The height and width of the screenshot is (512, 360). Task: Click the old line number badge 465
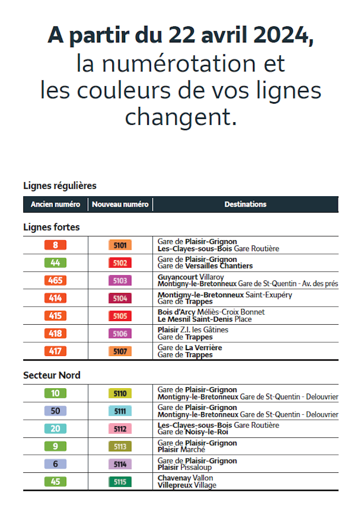point(56,280)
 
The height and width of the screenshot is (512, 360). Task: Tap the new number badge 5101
point(120,245)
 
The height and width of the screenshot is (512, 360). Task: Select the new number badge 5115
point(120,482)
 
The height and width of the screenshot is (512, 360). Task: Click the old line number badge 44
point(56,263)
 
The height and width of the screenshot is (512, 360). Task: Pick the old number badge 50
point(56,411)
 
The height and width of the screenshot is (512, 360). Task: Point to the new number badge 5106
point(120,334)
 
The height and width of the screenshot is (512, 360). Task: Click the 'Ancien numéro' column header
point(56,204)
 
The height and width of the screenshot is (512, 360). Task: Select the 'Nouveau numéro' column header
point(120,204)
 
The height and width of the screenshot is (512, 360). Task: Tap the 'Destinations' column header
point(245,204)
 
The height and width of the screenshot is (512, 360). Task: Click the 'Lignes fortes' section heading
point(51,227)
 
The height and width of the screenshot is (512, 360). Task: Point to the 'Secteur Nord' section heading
point(52,375)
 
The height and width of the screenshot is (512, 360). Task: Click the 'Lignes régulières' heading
point(60,186)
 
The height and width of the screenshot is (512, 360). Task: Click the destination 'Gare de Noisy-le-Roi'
point(192,432)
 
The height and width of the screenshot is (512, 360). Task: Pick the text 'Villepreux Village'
point(187,485)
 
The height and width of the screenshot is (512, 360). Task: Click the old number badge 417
point(56,351)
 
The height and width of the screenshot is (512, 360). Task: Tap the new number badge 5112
point(120,429)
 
